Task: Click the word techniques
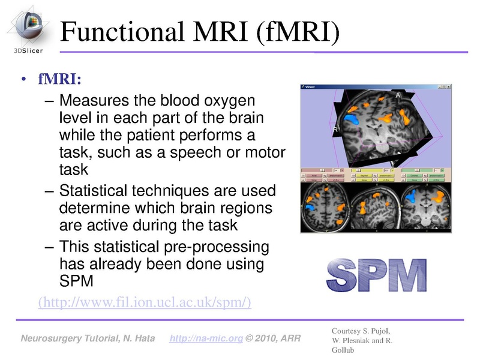coord(171,192)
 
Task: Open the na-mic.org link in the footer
coord(206,340)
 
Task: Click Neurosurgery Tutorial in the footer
coord(67,340)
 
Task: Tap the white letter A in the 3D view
coord(398,95)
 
